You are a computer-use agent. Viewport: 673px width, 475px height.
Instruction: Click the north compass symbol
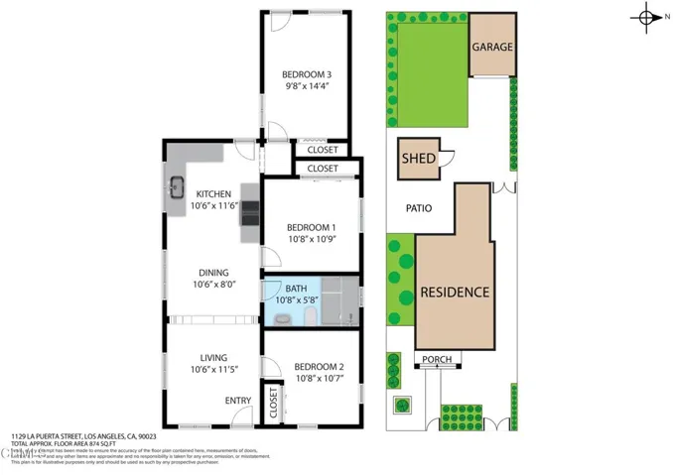[x=647, y=18]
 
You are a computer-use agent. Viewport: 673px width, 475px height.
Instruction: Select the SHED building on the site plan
[x=419, y=159]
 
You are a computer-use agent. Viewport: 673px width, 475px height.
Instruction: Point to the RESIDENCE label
[x=455, y=293]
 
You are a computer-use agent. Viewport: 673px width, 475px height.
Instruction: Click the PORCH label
[x=436, y=359]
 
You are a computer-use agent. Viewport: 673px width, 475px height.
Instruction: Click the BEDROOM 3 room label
[x=306, y=74]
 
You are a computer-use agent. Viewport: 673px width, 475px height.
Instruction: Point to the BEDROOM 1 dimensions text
[x=313, y=239]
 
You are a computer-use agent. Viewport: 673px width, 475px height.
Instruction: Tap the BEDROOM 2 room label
[x=320, y=366]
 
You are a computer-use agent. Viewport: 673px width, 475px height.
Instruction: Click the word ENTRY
[x=238, y=401]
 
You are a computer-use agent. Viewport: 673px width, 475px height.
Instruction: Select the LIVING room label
[x=213, y=358]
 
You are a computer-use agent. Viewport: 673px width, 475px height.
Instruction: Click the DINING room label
[x=213, y=273]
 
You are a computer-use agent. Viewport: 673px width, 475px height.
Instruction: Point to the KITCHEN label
[x=213, y=193]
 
